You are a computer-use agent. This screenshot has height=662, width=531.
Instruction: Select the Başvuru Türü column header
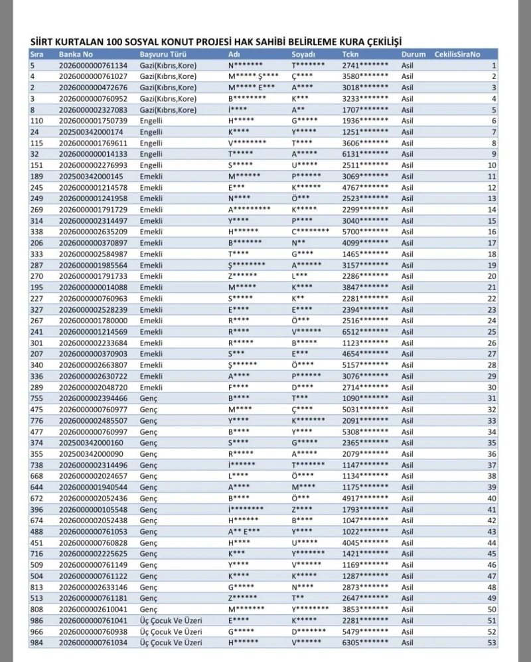pyautogui.click(x=161, y=54)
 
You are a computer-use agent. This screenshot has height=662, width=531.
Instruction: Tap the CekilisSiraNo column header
pyautogui.click(x=457, y=54)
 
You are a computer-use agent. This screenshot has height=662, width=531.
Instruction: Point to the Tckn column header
pyautogui.click(x=350, y=54)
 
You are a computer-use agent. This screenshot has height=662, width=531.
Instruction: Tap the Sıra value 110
pyautogui.click(x=37, y=121)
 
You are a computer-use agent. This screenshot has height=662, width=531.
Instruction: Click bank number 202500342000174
pyautogui.click(x=91, y=131)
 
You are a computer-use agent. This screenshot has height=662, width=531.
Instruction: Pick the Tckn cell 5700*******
pyautogui.click(x=366, y=231)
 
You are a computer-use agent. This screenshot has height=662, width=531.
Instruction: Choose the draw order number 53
pyautogui.click(x=492, y=642)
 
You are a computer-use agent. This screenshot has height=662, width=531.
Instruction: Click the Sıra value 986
pyautogui.click(x=37, y=620)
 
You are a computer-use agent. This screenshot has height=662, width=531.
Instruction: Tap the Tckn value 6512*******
pyautogui.click(x=366, y=331)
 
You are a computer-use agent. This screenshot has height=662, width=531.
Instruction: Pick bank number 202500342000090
pyautogui.click(x=91, y=454)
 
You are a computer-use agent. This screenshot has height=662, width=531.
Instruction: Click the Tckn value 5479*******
pyautogui.click(x=366, y=631)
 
